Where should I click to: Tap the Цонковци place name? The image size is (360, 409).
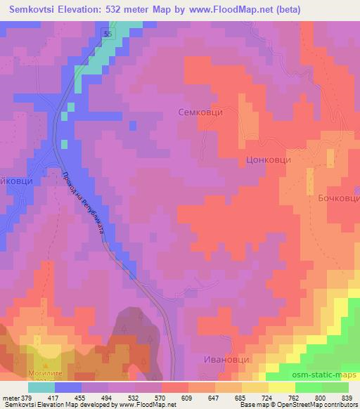[x=268, y=160]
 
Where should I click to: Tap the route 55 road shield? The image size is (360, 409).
[x=106, y=33]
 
